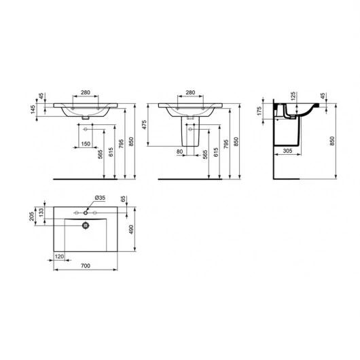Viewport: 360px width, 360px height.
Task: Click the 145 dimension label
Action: (33, 110)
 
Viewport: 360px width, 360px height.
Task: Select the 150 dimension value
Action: (86, 144)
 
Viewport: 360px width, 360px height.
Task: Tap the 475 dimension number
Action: (144, 125)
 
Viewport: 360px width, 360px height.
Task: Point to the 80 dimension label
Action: (180, 151)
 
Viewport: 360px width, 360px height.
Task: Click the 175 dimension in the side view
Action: (259, 111)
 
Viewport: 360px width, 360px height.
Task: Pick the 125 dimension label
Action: (293, 96)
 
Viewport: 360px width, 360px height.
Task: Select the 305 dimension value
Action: (287, 151)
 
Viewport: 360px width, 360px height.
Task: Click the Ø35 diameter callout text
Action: (100, 198)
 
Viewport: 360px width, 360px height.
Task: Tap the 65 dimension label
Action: (124, 199)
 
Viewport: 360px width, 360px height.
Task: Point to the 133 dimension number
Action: (41, 213)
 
